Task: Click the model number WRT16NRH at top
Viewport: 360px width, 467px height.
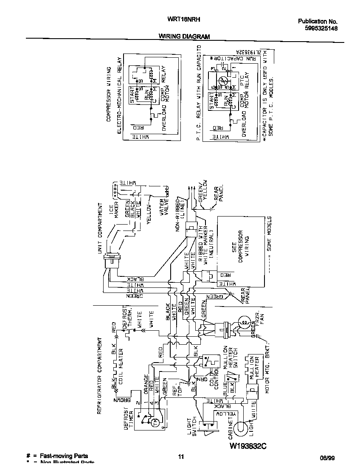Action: point(185,20)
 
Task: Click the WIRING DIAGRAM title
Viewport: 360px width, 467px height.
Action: point(184,37)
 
